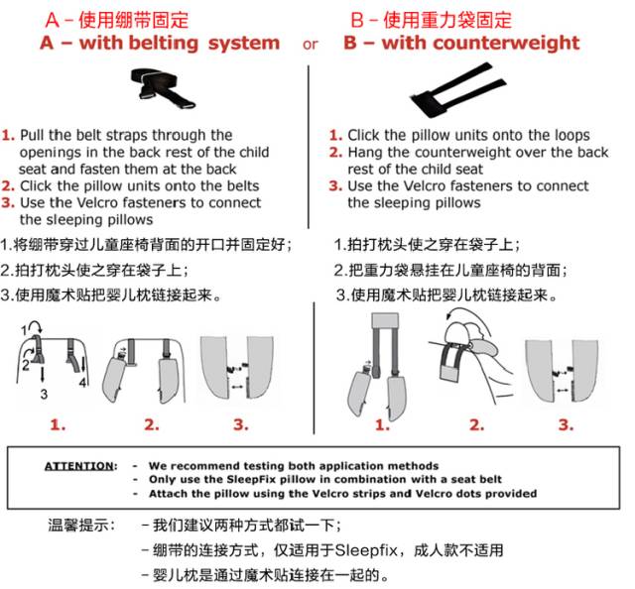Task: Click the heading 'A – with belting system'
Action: [159, 44]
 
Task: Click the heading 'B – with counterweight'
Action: [461, 44]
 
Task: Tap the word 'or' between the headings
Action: [311, 45]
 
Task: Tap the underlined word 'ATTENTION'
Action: [78, 465]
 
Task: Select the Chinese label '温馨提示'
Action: [81, 525]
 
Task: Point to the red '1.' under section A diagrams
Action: [59, 424]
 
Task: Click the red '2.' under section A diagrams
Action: [151, 424]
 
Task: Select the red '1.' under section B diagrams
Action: [382, 424]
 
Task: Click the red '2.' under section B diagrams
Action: [476, 424]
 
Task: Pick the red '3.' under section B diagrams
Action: [565, 424]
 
